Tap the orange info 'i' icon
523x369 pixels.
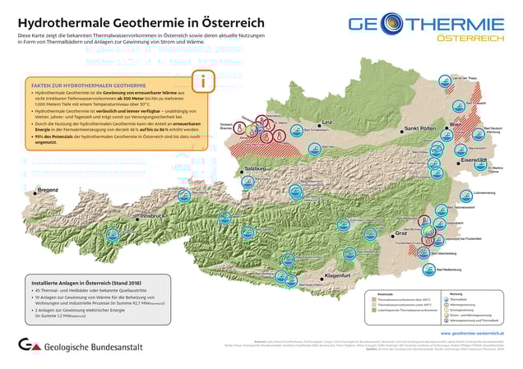point(203,81)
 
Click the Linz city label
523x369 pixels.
point(326,122)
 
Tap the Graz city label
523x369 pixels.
point(402,233)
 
